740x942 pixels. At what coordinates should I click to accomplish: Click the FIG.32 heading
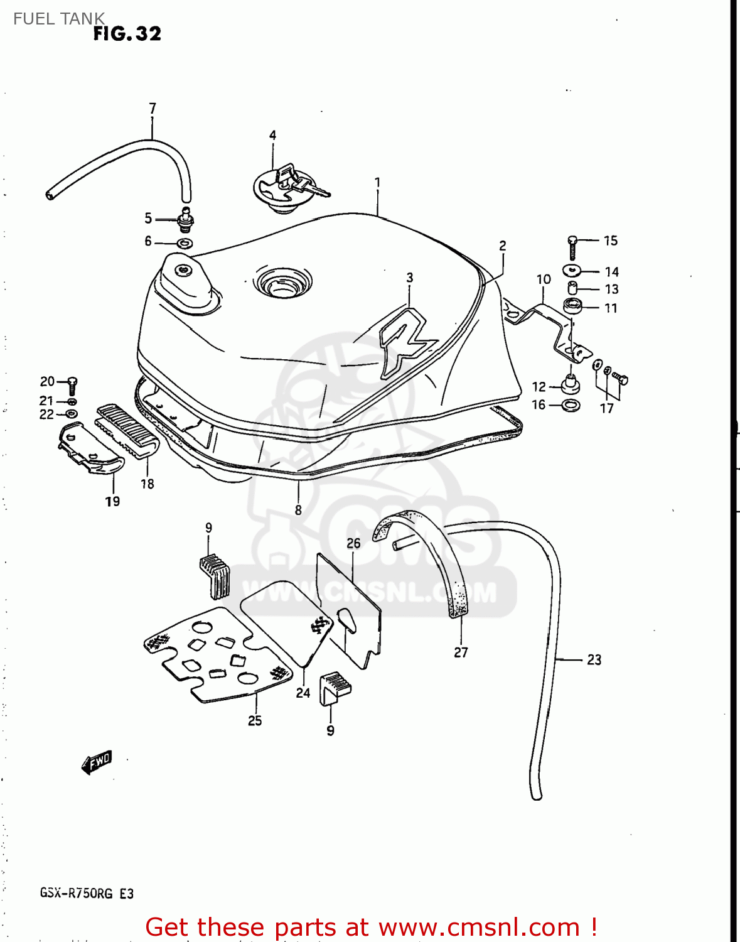click(127, 34)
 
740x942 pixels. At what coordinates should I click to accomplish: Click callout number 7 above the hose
click(153, 108)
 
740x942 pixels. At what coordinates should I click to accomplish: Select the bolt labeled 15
click(572, 247)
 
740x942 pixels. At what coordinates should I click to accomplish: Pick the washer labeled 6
click(185, 244)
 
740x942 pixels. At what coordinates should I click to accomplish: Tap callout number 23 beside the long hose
click(594, 659)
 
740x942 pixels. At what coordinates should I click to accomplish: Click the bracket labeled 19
click(91, 449)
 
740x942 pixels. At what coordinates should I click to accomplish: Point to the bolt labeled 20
click(72, 385)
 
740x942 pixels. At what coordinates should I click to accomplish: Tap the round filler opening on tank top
click(282, 282)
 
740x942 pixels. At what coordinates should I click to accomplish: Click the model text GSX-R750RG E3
click(87, 893)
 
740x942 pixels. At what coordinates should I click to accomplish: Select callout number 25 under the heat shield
click(255, 720)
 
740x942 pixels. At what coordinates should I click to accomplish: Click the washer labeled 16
click(571, 405)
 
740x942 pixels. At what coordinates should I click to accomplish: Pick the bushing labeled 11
click(572, 306)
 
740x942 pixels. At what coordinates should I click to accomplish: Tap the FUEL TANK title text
click(59, 19)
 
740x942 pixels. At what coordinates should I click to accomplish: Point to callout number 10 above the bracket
click(544, 279)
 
